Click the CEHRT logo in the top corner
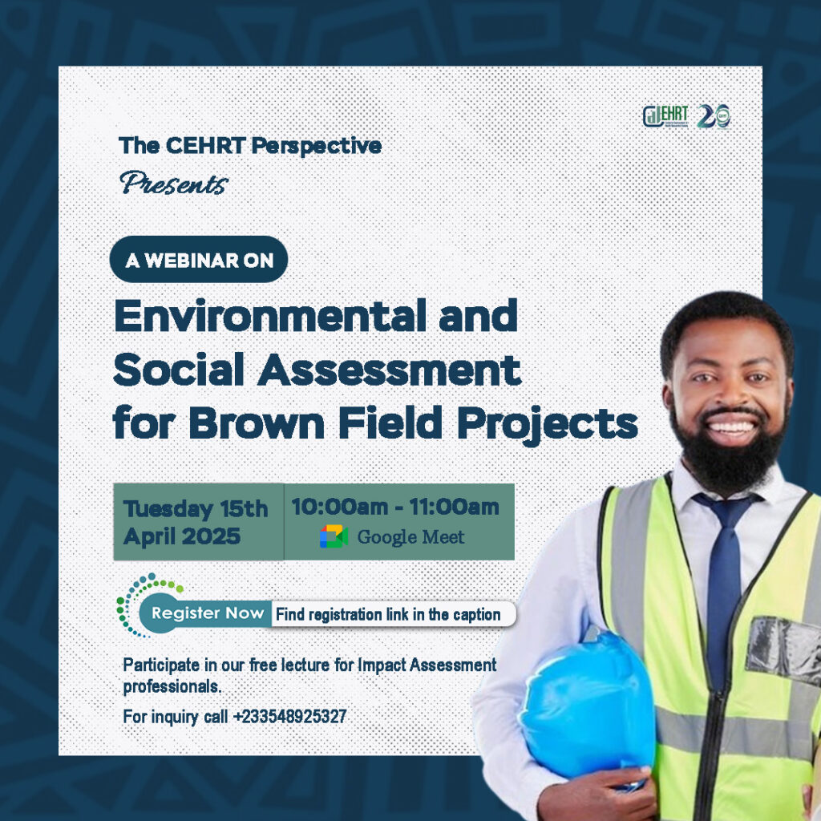(x=665, y=116)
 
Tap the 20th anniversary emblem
(x=714, y=116)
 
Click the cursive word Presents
(x=173, y=184)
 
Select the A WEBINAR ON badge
(x=198, y=260)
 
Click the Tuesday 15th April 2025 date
(x=196, y=522)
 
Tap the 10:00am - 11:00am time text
(x=394, y=507)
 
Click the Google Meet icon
(x=334, y=536)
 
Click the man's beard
(x=726, y=457)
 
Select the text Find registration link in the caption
(x=387, y=615)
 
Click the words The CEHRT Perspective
(x=250, y=146)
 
